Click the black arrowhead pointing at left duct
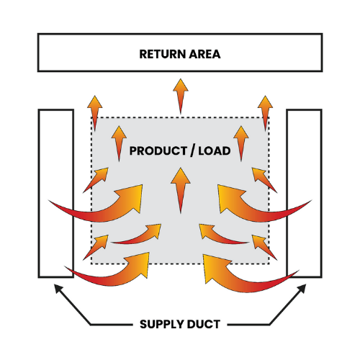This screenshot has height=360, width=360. (x=58, y=289)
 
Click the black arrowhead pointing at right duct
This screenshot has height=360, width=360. (x=302, y=289)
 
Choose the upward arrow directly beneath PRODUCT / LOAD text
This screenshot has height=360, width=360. (x=179, y=189)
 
